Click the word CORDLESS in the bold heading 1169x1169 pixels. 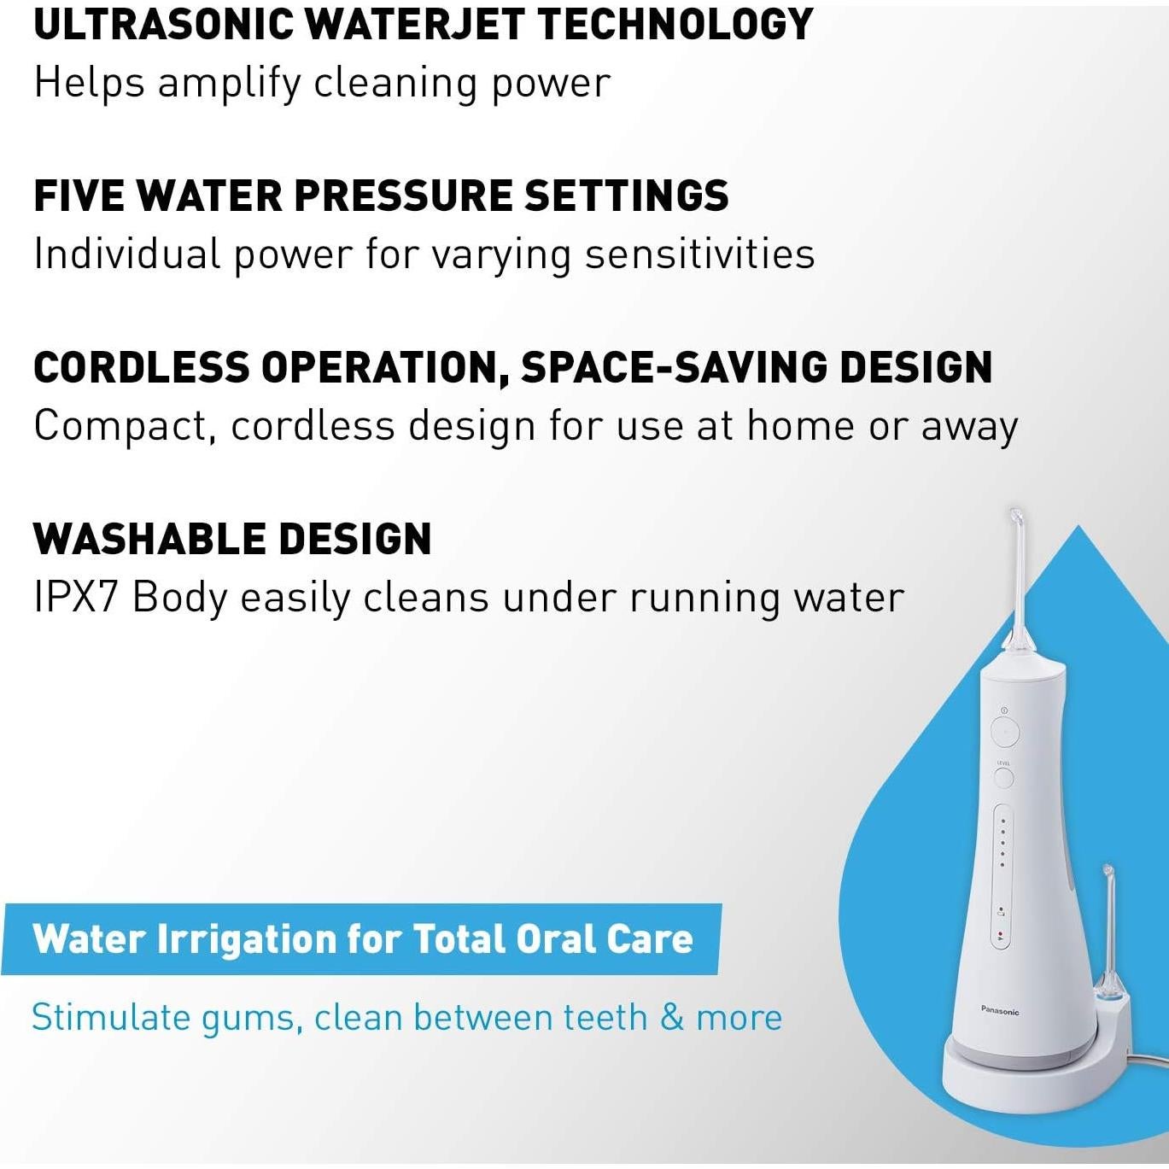141,367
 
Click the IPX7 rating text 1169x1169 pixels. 75,598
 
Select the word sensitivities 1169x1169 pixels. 699,254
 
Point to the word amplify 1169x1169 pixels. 229,84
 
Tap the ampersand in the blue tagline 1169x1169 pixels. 672,1018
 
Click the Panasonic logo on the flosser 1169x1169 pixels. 1000,1011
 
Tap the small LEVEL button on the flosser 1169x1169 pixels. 1003,777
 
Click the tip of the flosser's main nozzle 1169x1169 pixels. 1015,515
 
